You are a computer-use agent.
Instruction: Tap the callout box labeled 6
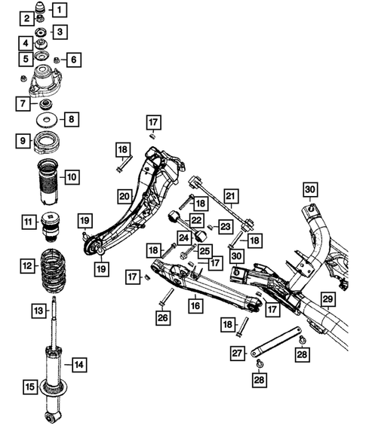[x=74, y=59]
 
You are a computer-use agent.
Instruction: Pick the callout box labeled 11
[x=28, y=222]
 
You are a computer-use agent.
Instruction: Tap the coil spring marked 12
[x=51, y=266]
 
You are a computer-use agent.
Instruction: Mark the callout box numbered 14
[x=79, y=365]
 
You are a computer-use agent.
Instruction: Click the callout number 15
[x=29, y=387]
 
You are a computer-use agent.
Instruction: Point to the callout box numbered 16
[x=195, y=306]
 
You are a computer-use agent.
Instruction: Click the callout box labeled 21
[x=231, y=198]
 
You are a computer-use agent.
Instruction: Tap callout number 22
[x=196, y=220]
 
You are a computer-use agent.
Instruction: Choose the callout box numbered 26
[x=163, y=318]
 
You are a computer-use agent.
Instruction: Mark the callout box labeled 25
[x=205, y=250]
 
